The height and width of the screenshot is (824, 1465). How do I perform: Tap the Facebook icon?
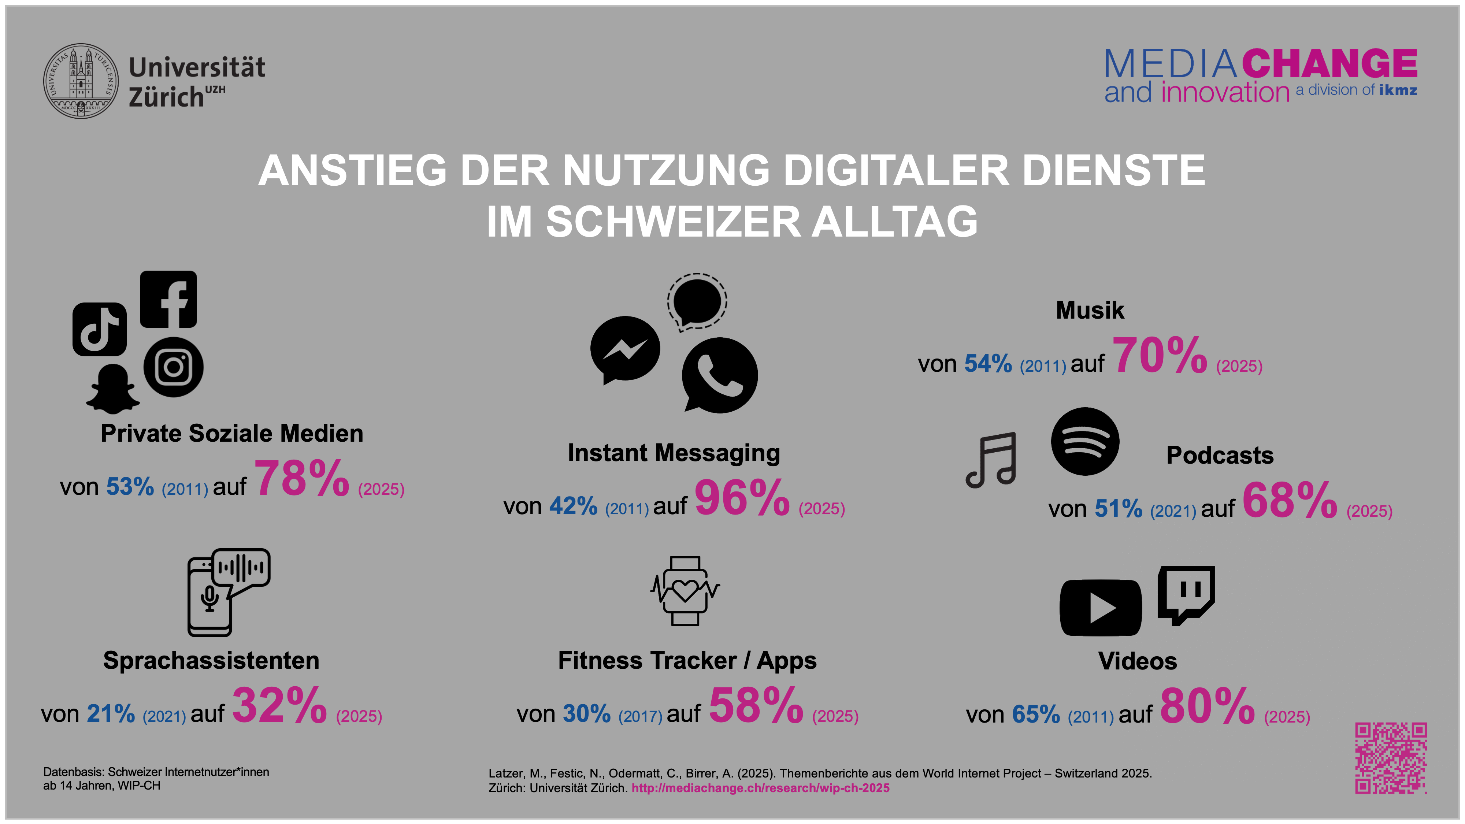point(168,299)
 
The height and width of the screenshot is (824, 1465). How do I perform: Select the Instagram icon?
point(174,367)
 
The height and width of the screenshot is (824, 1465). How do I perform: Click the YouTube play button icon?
point(1101,607)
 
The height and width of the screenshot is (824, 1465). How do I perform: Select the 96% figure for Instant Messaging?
point(742,498)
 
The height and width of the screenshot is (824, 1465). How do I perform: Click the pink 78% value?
point(301,479)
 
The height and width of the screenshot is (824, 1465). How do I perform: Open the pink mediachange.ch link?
point(760,788)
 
